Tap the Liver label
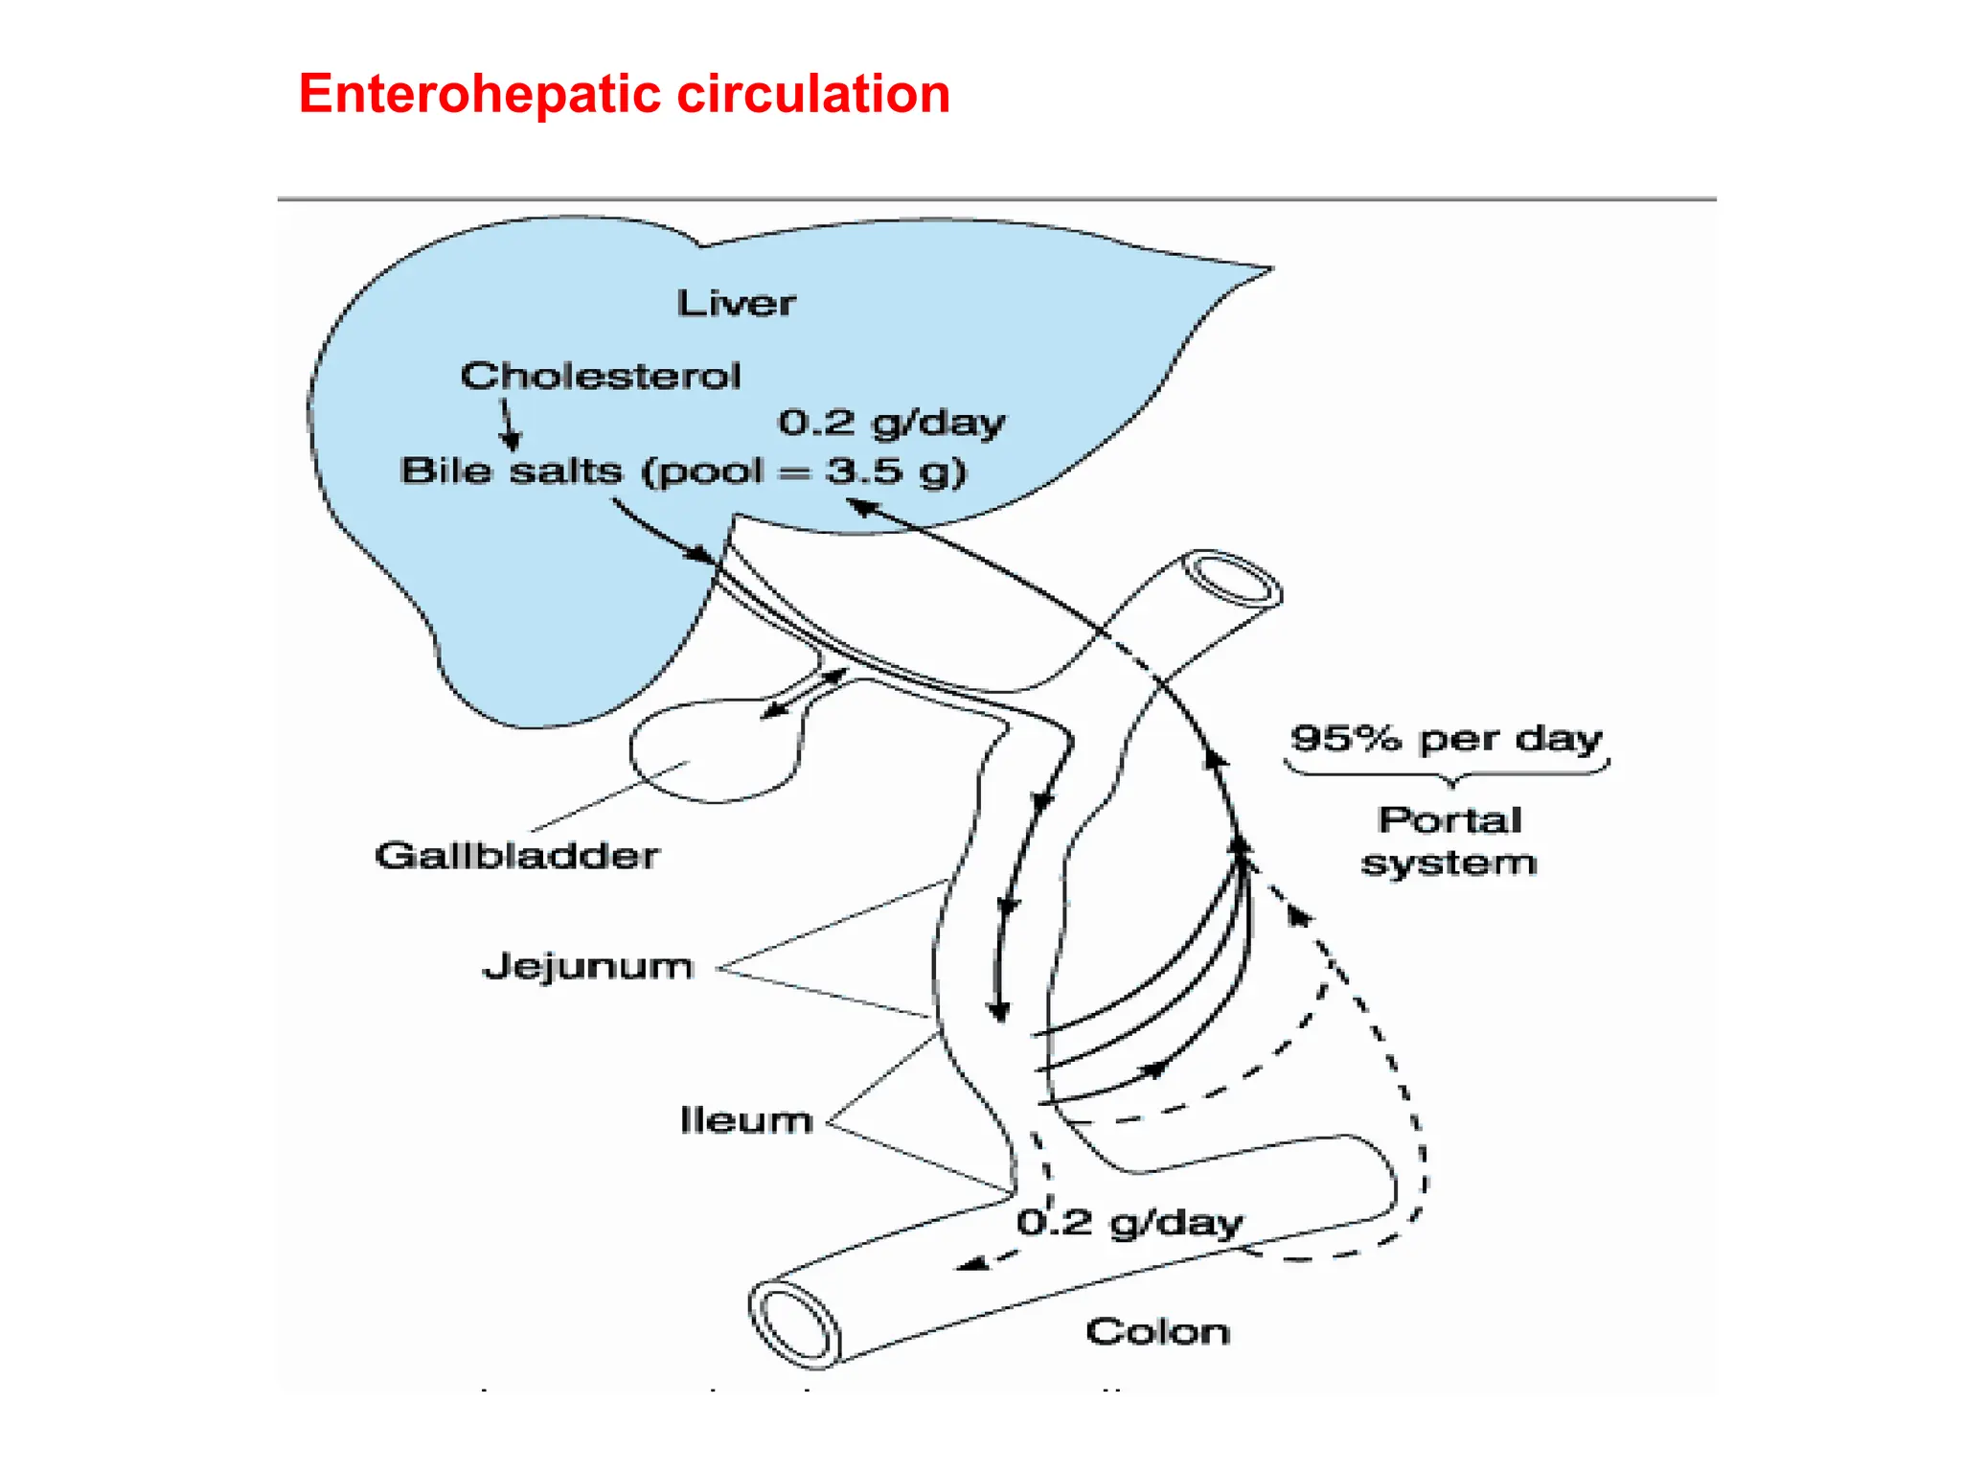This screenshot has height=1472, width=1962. [736, 304]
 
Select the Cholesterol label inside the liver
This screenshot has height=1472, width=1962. [601, 376]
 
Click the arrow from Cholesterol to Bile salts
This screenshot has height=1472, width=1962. [509, 425]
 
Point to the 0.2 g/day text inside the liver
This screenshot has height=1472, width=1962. [891, 423]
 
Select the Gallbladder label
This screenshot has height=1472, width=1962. [516, 855]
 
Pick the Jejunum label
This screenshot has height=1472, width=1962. [587, 966]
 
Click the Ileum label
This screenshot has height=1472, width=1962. [745, 1120]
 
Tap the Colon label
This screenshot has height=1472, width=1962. [1157, 1331]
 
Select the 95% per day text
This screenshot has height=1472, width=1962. [1446, 739]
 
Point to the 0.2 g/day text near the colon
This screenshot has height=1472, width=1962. [1129, 1222]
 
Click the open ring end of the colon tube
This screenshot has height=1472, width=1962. [794, 1323]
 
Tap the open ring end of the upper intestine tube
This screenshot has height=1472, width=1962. [1232, 578]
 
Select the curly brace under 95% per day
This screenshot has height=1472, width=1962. [1447, 770]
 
